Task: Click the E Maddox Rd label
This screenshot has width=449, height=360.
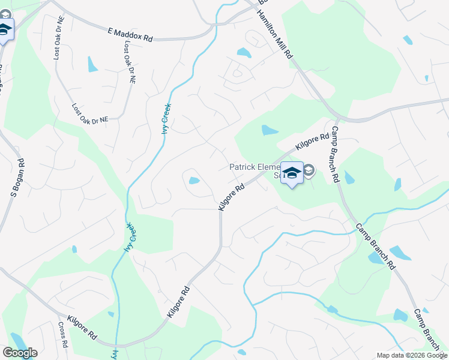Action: pos(131,34)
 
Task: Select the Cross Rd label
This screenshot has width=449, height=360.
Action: pos(62,335)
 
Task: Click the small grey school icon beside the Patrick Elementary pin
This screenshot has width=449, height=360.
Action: pos(309,171)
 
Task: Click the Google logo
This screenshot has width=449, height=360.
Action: pos(19,353)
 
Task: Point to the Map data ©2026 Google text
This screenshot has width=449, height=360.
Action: pos(411,355)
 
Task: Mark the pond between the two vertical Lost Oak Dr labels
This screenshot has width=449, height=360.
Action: pos(92,64)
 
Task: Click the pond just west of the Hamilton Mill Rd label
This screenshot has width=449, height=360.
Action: pos(244,53)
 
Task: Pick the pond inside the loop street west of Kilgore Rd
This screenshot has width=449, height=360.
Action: pos(194,180)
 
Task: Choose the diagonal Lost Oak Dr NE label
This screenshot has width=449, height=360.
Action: pos(90,112)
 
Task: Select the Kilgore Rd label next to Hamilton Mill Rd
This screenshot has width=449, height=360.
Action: pos(312,141)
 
